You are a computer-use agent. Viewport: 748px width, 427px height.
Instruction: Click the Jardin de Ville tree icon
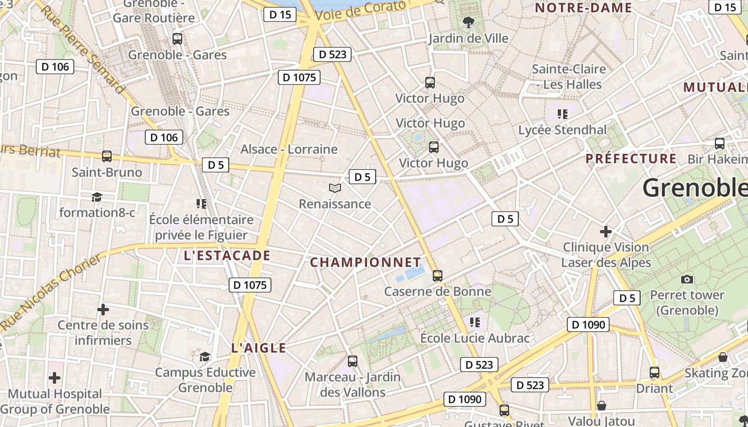point(468,22)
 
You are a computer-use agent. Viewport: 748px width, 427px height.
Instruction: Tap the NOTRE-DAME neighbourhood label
point(583,8)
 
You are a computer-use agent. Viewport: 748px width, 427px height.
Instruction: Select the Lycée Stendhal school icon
point(562,114)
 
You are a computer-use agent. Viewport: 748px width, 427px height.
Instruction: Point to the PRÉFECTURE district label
point(631,159)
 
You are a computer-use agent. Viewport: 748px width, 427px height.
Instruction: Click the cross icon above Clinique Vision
point(605,232)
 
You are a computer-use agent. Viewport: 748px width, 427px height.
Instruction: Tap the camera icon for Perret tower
point(687,279)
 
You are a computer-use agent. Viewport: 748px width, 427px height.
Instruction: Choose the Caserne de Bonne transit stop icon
point(438,276)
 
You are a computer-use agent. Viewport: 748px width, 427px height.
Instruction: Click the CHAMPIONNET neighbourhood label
point(365,262)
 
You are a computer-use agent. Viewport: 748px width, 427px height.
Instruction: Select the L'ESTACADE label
point(227,256)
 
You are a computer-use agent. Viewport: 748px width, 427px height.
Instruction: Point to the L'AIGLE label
point(259,348)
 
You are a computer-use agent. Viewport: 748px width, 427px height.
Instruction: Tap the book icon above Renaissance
point(335,188)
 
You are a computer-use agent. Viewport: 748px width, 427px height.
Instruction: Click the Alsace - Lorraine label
point(289,149)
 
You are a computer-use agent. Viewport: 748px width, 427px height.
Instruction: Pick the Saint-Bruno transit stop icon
point(107,156)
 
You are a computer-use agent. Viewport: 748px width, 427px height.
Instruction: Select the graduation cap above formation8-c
point(97,197)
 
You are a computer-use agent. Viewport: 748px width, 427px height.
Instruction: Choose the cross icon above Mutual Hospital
point(54,378)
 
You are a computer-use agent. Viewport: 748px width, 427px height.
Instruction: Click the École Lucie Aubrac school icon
point(474,322)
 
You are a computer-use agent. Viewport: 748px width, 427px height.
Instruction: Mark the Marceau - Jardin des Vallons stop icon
point(353,361)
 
